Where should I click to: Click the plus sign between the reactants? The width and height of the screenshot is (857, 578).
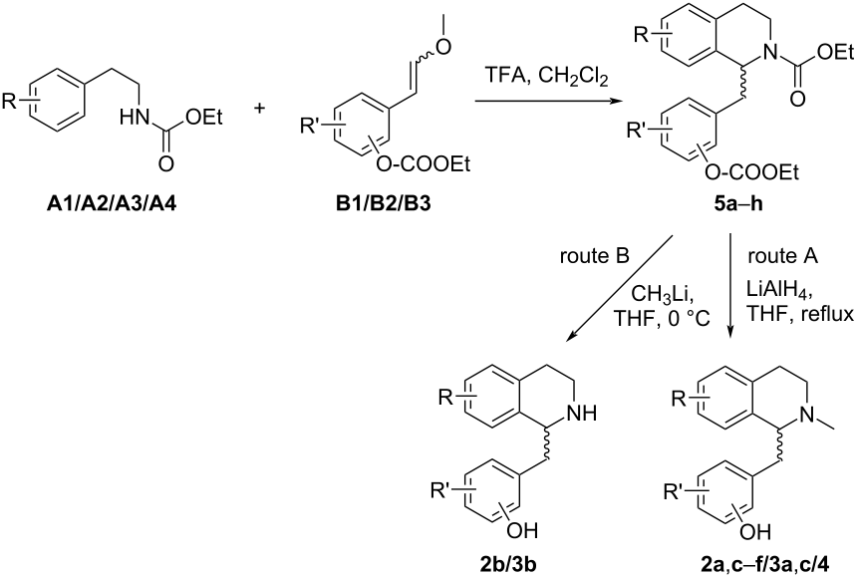[x=260, y=109]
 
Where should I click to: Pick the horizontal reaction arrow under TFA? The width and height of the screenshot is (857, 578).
[x=549, y=102]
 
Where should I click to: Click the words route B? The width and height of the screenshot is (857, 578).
[x=594, y=256]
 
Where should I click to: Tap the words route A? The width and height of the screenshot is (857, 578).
[x=782, y=256]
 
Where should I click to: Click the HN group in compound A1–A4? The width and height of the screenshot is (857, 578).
[x=135, y=117]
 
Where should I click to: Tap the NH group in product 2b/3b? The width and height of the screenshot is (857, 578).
[x=583, y=414]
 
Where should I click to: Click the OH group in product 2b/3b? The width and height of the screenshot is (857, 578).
[x=522, y=530]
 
